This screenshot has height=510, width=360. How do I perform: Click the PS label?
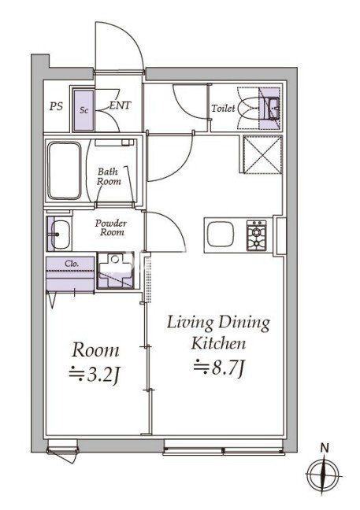tap(56, 107)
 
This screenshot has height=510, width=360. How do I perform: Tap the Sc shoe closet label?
tap(84, 110)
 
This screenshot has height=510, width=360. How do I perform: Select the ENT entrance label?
tap(120, 105)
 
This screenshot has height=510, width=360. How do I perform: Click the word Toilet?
tap(223, 108)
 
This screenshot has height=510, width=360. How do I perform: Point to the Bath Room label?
tap(109, 176)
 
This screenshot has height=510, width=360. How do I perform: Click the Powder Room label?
tap(110, 227)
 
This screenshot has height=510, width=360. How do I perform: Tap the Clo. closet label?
tap(72, 264)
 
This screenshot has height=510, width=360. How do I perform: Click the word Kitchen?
tap(218, 343)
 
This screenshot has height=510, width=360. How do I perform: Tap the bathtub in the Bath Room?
tap(64, 170)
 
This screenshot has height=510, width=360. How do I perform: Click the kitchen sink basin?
tap(221, 234)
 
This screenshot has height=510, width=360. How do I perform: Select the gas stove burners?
tap(256, 236)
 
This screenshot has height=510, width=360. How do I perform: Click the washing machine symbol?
tap(116, 271)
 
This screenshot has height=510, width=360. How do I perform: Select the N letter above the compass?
tap(325, 448)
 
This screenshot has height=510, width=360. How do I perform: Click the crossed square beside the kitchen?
tap(262, 154)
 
